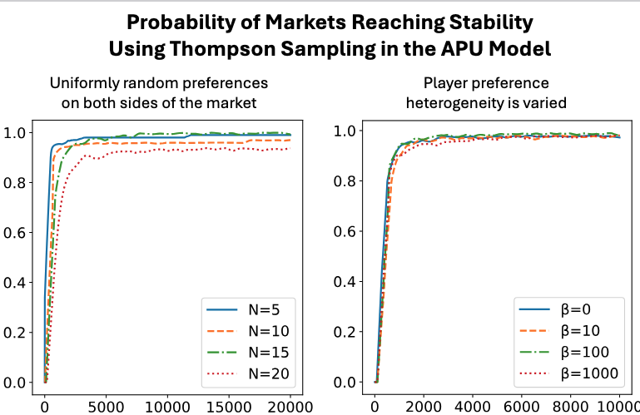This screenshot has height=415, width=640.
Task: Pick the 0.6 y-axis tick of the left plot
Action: [15, 233]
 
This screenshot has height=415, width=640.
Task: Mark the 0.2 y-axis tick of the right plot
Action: [345, 332]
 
